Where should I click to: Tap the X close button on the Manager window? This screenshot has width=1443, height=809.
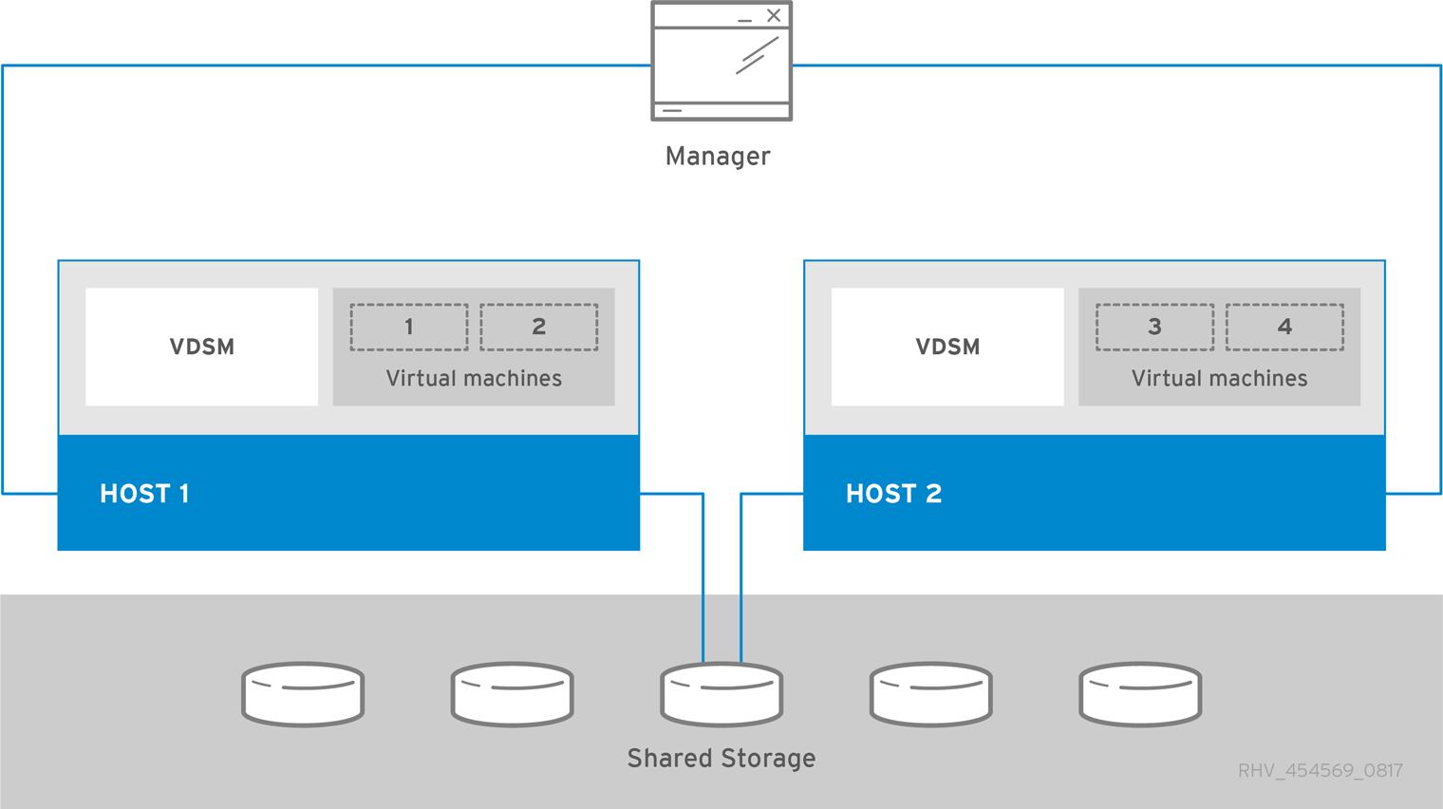774,16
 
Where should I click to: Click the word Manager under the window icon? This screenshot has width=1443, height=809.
718,156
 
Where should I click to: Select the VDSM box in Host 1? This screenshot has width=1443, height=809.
201,347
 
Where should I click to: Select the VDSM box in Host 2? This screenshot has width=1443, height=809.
947,347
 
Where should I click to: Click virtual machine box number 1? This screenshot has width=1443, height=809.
409,328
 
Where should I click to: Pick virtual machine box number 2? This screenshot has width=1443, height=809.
538,328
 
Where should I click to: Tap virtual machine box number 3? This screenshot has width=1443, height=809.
1154,328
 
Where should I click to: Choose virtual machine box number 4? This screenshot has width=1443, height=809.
1284,328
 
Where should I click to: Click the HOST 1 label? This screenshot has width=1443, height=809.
144,494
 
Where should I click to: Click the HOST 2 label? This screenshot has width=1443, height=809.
893,494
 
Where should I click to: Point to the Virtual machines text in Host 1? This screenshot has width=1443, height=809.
474,378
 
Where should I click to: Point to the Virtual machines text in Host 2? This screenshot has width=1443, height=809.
1219,378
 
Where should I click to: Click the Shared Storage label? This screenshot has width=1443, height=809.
721,758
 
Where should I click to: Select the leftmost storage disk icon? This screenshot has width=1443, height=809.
303,694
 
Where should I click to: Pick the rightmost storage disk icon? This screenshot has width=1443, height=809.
1140,694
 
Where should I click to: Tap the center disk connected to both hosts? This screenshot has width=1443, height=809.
721,694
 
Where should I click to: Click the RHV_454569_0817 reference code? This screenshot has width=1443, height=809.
1320,770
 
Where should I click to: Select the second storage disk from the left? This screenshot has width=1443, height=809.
513,694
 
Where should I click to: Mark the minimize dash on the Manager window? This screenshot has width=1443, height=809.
745,20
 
